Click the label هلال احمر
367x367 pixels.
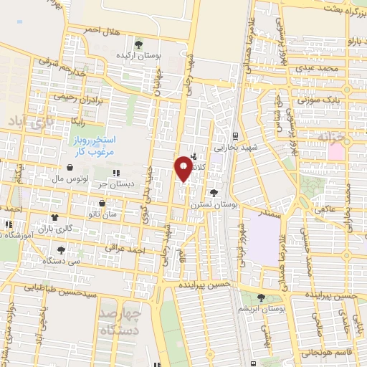pyautogui.click(x=100, y=29)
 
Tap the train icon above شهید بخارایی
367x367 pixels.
pyautogui.click(x=235, y=135)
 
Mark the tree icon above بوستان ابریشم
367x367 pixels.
pyautogui.click(x=260, y=297)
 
